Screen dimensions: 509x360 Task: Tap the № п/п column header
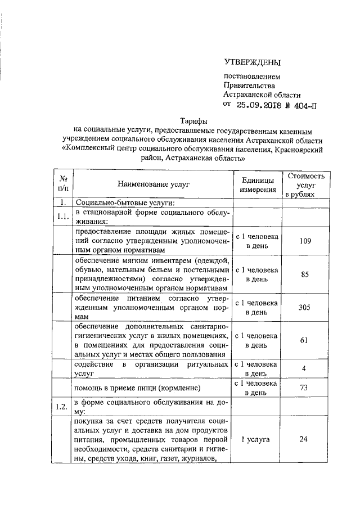63,184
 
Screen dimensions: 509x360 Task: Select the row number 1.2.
63,407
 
